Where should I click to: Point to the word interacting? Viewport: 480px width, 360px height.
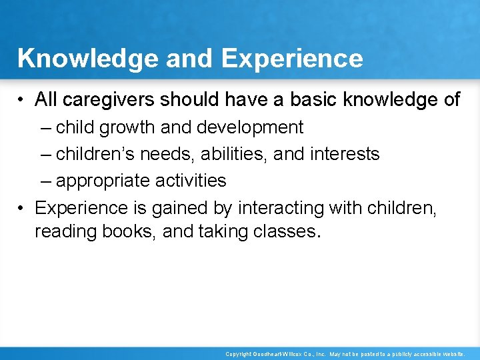coord(276,208)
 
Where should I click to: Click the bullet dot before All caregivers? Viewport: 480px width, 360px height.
coord(22,101)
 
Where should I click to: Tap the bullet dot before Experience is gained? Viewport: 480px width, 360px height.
coord(22,209)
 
